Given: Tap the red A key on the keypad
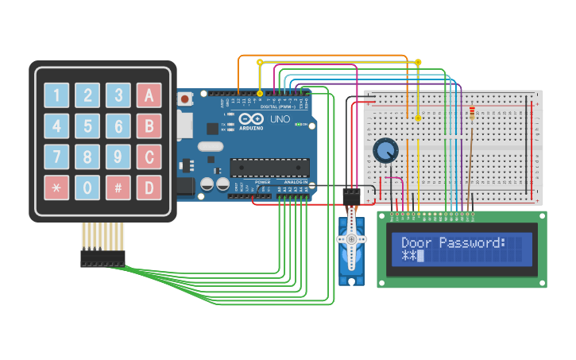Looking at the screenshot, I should [x=149, y=95].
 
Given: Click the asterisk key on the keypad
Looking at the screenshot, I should [x=56, y=188].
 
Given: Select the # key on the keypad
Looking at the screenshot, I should [x=118, y=188].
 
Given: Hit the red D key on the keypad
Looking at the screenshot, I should [x=149, y=188].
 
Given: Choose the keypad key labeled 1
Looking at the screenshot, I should [x=56, y=95].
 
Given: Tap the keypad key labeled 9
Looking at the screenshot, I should [x=118, y=157].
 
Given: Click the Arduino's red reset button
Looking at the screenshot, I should [x=184, y=99].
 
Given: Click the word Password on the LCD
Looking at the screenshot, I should [x=472, y=242].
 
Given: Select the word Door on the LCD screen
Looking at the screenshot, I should [x=416, y=242].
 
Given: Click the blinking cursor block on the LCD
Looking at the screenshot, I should [x=421, y=256].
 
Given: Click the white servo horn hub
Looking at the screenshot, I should [x=350, y=238].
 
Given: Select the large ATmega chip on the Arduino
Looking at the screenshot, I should [x=269, y=167].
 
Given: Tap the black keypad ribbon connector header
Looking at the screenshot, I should [x=102, y=258].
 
